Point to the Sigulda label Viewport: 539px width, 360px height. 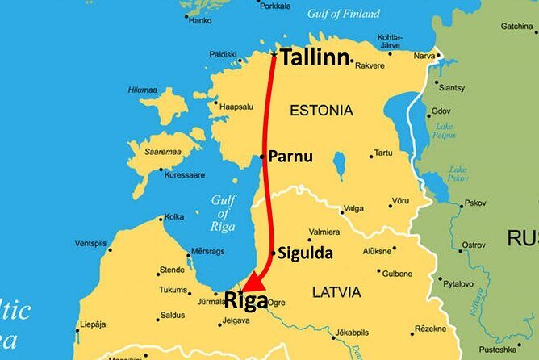pos(305,253)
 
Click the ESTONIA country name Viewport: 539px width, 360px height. pos(321,110)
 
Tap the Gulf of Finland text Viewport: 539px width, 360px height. pos(345,14)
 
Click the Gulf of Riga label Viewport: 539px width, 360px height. pos(223,213)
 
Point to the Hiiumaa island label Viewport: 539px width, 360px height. pos(144,90)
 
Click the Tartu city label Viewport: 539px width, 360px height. pos(383,152)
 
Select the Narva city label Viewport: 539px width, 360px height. pos(424,56)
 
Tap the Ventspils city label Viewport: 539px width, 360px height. pos(90,243)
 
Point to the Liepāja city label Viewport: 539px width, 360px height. pos(94,324)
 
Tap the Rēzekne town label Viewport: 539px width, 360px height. pos(429,329)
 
